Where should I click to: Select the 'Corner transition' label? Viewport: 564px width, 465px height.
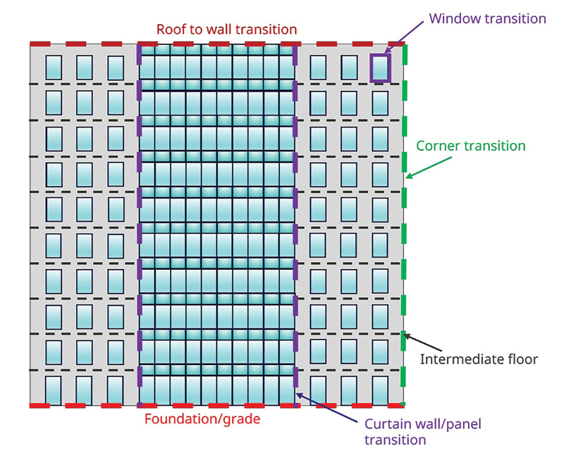[x=471, y=146]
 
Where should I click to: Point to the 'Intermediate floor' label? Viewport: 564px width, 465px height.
[x=479, y=359]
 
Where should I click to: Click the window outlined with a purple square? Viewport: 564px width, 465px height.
[x=380, y=68]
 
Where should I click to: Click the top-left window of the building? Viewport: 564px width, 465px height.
[x=54, y=68]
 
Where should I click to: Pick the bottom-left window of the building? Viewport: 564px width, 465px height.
[x=54, y=390]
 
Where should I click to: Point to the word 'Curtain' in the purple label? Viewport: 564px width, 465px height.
[x=388, y=425]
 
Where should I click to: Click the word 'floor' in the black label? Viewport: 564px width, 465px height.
[x=522, y=359]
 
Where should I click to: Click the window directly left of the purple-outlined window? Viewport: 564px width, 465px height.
[x=349, y=68]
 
